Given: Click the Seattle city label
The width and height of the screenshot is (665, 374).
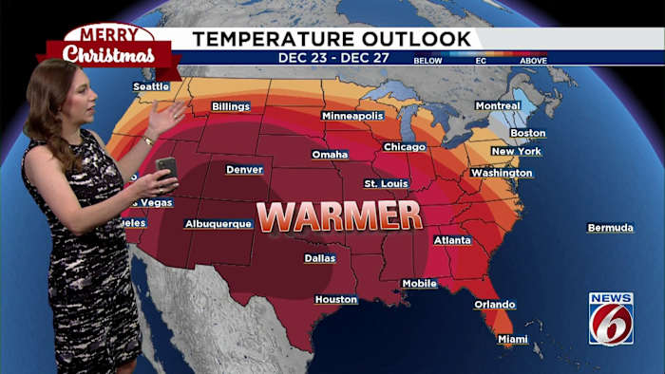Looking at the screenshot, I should [x=151, y=85].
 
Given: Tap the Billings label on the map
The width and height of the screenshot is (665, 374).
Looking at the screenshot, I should [x=231, y=106].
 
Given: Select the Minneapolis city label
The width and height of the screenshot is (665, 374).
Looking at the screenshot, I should [x=352, y=116].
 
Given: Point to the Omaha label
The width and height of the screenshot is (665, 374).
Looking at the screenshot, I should [x=330, y=154].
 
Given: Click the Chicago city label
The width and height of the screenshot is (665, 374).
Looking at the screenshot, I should [x=405, y=147].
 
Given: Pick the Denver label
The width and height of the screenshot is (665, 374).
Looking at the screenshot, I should [x=244, y=170].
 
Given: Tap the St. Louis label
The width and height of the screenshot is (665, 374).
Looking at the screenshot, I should [x=387, y=183].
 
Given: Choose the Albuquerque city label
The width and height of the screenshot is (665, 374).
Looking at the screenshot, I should [x=218, y=224].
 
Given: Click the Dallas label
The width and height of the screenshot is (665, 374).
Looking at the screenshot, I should [x=320, y=258].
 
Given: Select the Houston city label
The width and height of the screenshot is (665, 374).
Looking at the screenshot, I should [x=336, y=300].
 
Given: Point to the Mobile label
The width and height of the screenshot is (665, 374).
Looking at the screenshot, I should [x=419, y=284].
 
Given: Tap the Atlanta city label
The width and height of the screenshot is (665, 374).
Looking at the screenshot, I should [x=452, y=240].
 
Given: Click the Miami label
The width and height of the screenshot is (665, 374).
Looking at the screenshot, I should [x=513, y=339].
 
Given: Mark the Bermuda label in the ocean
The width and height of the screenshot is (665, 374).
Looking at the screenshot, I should [x=610, y=228].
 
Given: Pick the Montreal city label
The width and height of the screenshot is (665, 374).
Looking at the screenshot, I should [x=498, y=105].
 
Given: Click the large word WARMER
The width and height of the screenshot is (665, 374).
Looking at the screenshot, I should [x=339, y=216].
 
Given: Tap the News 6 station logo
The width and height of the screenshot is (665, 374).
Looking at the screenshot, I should [x=611, y=318].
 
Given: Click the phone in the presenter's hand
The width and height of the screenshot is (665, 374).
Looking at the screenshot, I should [x=166, y=167].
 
